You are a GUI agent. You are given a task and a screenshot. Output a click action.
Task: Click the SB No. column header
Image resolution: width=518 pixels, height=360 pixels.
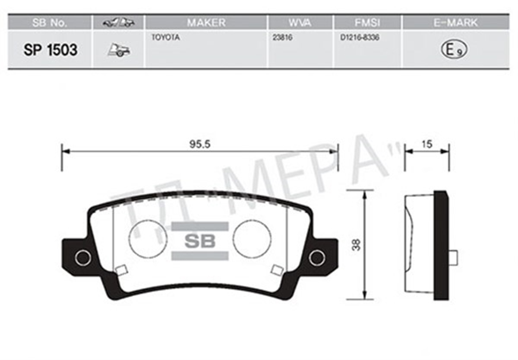(50, 23)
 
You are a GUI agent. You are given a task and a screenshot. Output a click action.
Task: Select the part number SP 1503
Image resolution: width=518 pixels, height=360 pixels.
(50, 50)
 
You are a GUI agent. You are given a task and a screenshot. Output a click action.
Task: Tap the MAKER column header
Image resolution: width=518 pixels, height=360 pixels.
(206, 23)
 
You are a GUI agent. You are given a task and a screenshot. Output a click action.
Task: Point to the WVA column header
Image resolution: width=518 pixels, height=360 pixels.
(300, 23)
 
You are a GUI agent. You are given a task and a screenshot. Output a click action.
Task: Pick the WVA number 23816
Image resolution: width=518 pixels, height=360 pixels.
(283, 38)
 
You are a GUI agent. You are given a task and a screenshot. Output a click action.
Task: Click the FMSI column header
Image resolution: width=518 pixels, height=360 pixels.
(367, 23)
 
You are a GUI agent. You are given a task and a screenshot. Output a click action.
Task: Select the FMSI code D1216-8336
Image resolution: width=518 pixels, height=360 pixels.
(360, 38)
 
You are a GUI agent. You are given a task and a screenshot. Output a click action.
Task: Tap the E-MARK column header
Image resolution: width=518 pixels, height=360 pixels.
(456, 23)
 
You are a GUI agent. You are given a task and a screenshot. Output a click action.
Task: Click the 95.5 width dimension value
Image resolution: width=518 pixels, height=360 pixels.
(199, 145)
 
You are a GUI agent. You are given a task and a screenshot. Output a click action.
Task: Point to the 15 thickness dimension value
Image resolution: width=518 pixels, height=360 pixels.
(426, 145)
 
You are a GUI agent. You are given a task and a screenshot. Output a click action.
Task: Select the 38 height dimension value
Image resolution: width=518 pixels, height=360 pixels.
(357, 245)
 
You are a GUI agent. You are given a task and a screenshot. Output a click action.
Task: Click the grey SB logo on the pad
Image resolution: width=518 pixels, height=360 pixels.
(199, 241)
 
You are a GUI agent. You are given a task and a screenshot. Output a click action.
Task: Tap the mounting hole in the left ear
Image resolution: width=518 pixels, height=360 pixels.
(82, 258)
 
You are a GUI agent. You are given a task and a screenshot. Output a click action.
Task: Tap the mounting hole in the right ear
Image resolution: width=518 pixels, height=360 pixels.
(317, 258)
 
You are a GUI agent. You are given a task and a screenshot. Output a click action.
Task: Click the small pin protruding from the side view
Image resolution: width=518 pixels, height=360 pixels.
(453, 257)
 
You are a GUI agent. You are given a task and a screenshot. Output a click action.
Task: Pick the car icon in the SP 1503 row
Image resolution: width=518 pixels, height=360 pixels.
(118, 50)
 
